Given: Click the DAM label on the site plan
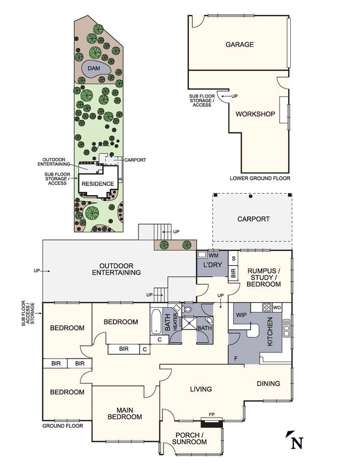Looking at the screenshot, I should click(94, 68).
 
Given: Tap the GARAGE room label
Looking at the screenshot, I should click(239, 44).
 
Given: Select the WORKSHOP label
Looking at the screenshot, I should click(255, 114).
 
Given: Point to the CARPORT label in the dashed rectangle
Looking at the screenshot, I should click(253, 219).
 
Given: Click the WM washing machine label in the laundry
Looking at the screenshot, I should click(213, 255).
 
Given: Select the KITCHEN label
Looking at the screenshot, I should click(270, 332).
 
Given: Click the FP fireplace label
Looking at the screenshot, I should click(211, 415).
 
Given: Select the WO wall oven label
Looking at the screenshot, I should click(277, 308).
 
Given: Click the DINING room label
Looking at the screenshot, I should click(268, 383).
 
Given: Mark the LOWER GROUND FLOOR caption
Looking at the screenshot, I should click(260, 178).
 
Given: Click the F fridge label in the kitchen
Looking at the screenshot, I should click(236, 359).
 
